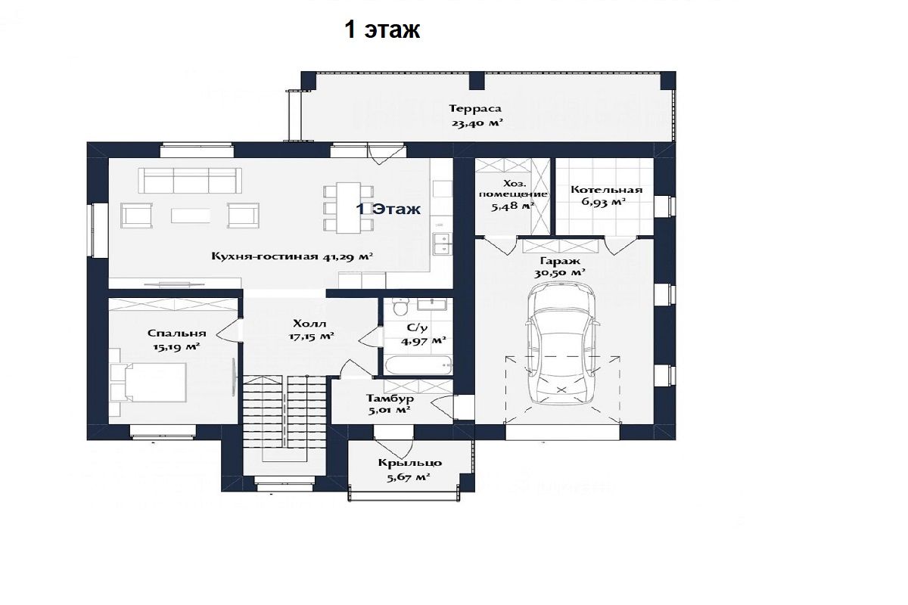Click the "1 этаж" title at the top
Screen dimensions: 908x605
point(382,30)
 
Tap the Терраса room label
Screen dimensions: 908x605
point(474,109)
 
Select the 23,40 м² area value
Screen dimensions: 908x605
point(477,123)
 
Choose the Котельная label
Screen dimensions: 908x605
point(606,190)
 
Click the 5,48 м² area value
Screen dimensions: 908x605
point(512,206)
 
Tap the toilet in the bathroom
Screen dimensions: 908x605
point(400,307)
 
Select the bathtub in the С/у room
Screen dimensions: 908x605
point(418,365)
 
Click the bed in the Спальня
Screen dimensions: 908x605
point(155,382)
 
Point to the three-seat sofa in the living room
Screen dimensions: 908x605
point(190,181)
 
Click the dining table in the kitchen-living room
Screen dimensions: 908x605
point(349,208)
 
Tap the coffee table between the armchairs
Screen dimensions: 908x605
point(190,216)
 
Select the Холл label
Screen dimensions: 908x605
point(309,324)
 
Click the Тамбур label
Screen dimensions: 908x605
point(390,398)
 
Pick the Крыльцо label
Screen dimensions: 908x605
point(410,463)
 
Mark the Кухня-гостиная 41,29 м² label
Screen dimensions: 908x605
point(292,256)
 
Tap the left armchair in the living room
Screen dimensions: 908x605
point(137,216)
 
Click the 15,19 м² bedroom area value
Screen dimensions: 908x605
point(176,347)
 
